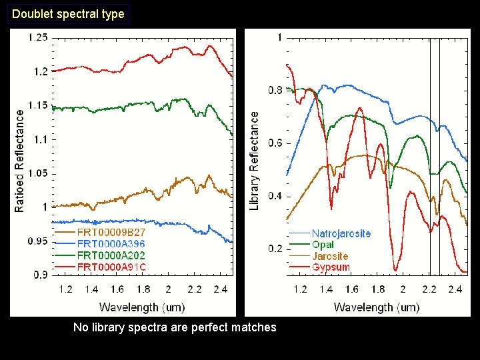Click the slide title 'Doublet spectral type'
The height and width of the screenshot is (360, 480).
coord(68,13)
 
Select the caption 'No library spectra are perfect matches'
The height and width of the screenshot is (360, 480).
coord(175,327)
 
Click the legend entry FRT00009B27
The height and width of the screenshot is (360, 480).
coord(111,233)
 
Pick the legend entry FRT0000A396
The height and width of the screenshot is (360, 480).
coord(111,244)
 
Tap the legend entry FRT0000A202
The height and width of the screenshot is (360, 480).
coord(111,255)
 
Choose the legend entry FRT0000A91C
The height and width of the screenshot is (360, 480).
coord(111,267)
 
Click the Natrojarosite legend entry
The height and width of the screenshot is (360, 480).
coord(341,233)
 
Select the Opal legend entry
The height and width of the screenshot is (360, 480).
coord(323,245)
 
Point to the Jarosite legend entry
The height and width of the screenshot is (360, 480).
coord(329,256)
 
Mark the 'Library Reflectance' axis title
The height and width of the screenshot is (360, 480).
coord(254,161)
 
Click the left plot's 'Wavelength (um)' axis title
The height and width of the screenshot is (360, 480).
coord(142,307)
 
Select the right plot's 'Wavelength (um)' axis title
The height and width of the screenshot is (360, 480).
coord(376,307)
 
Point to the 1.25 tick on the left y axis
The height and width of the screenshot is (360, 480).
coord(38,37)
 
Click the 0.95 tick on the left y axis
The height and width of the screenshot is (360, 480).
coord(38,241)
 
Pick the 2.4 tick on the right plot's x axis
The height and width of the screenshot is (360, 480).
coord(455,289)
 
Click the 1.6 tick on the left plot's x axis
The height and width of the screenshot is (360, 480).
coord(117,289)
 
